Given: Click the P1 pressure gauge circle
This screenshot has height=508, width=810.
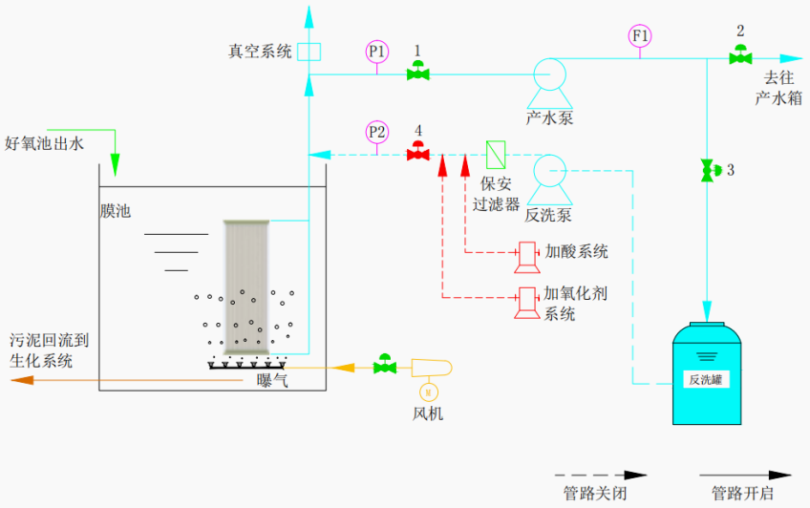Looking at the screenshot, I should coord(378,50).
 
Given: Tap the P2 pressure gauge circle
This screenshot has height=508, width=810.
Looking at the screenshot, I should coord(378,131).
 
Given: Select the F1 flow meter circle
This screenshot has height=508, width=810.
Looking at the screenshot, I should coord(641,35).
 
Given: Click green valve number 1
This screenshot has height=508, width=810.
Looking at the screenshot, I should coord(417,72).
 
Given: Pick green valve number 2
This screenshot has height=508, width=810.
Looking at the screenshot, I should coord(740,55).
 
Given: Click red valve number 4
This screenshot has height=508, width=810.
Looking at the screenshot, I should coord(417,152).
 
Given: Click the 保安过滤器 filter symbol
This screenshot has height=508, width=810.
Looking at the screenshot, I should coord(497,153).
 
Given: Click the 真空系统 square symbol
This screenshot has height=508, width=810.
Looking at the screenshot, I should coord(309,52).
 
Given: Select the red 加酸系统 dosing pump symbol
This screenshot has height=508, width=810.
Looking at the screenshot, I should coord(525,253).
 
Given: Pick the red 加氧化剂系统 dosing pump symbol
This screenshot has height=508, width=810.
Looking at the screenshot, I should coord(525,301).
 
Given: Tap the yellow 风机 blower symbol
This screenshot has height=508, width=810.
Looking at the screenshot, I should coord(430,368).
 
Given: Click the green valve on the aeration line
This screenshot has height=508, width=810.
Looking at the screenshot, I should coord(386,364).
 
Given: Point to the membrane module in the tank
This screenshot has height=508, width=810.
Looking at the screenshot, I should coord(247,286).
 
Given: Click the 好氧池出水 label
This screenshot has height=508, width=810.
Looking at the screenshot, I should coord(45,143).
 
